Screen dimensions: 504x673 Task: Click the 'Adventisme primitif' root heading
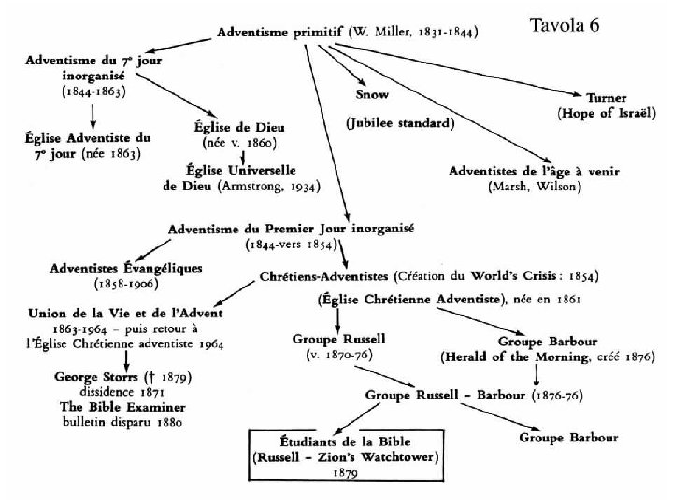[279, 32]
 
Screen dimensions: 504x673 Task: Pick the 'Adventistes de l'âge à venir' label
[534, 172]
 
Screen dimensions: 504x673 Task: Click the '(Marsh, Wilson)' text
[534, 187]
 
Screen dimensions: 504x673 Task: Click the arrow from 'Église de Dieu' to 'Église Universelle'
[247, 157]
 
